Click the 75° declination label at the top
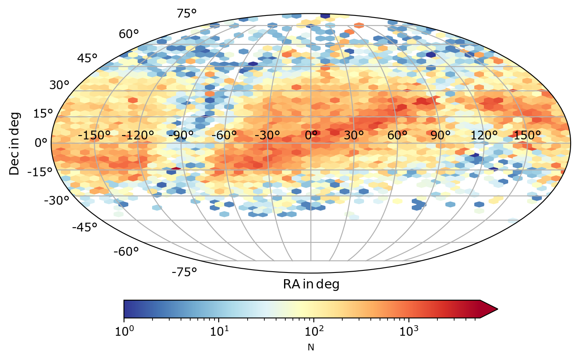coord(187,13)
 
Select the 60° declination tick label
coord(129,34)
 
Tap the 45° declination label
coord(88,58)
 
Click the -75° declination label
coord(184,272)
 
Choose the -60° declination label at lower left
coord(126,252)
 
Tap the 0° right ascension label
coord(311,136)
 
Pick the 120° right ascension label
coord(484,136)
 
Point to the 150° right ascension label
coord(527,136)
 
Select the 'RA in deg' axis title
coord(311,284)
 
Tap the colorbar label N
coord(310,347)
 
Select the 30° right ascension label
coord(354,136)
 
